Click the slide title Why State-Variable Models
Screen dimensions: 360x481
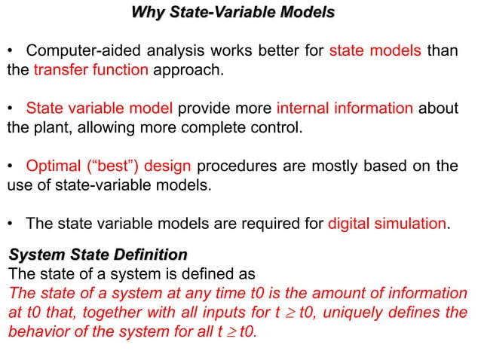click(233, 14)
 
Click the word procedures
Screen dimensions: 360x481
click(239, 166)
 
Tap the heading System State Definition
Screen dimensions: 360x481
click(97, 254)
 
